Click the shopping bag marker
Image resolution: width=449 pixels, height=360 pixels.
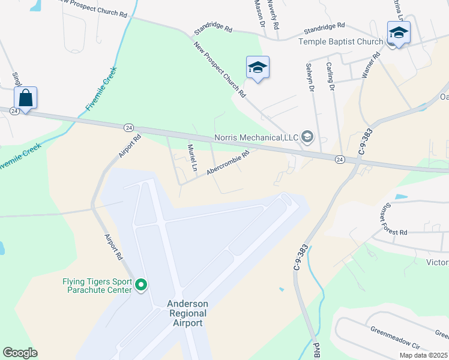[26, 98]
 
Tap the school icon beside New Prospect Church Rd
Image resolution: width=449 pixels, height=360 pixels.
[258, 67]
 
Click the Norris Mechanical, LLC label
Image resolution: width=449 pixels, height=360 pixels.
[257, 138]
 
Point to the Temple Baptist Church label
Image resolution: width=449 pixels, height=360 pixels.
[340, 41]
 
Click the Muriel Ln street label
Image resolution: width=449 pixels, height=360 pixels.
[192, 158]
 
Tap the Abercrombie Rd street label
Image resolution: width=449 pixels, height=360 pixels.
[228, 163]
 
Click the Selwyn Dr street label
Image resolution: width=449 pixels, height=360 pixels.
[310, 77]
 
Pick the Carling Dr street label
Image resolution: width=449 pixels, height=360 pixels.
[330, 76]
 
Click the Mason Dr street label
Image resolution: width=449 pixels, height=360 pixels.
[259, 13]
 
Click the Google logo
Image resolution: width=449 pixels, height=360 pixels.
[20, 353]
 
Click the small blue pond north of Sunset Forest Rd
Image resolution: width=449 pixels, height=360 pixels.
[399, 196]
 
